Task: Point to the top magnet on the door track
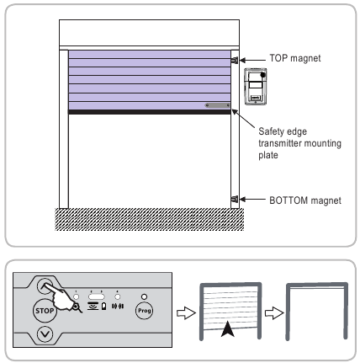point(234,60)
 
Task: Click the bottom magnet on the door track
point(234,200)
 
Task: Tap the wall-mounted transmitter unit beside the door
point(256,87)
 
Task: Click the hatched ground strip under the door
point(148,217)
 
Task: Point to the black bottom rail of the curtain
point(148,112)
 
